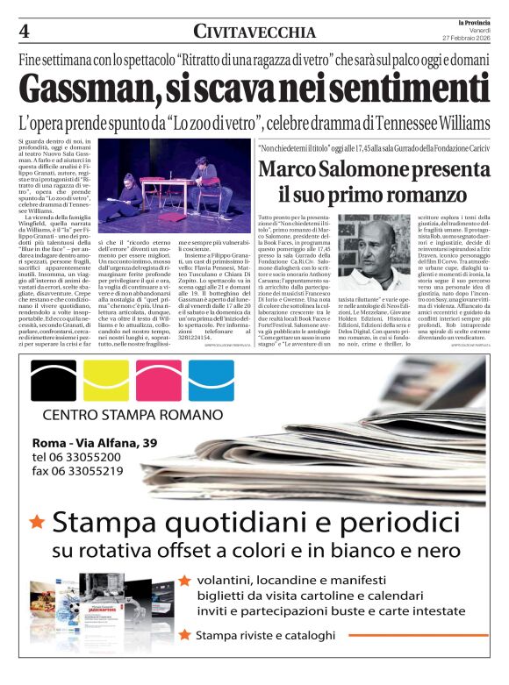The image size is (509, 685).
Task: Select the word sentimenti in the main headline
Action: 391,89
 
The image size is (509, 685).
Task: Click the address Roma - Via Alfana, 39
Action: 95,442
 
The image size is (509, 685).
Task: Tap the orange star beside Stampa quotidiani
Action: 37,523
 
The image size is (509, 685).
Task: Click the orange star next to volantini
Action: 184,580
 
